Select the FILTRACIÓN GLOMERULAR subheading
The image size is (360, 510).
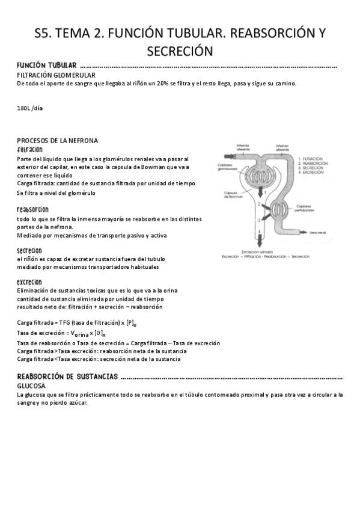[x=56, y=75]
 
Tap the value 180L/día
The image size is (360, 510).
[x=31, y=108]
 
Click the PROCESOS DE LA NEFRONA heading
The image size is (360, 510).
[x=58, y=140]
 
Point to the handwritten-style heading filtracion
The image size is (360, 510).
[x=30, y=149]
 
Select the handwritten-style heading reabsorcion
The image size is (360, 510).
[x=33, y=210]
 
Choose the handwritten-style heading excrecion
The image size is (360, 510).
[x=30, y=281]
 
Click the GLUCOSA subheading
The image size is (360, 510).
[x=31, y=386]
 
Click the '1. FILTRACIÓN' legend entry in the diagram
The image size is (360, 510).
[x=313, y=156]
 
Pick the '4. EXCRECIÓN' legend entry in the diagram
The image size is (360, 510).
[x=313, y=173]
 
